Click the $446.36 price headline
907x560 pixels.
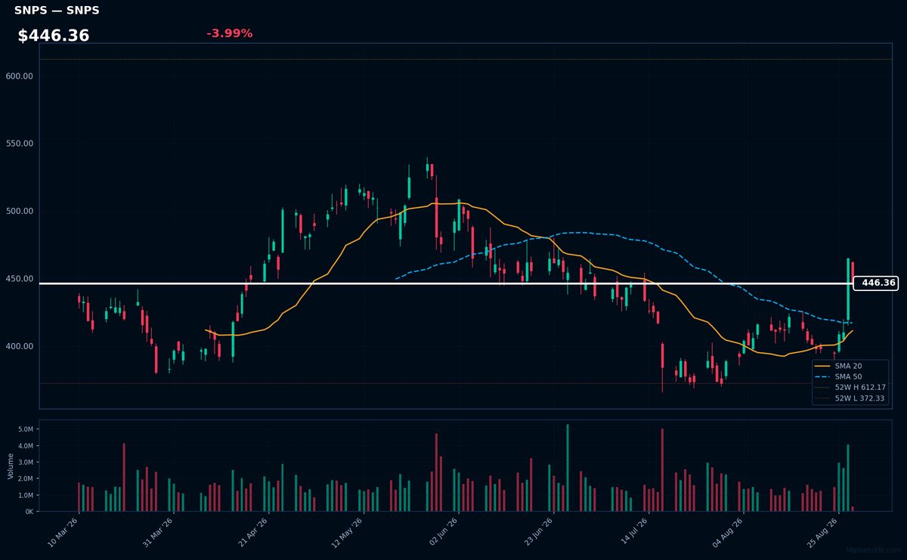point(54,36)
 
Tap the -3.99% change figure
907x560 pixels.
point(230,33)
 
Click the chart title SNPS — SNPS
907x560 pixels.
point(57,10)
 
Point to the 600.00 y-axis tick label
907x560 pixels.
point(20,76)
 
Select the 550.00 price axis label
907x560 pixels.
point(20,144)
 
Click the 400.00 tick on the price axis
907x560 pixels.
point(20,346)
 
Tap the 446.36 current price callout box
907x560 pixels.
point(876,283)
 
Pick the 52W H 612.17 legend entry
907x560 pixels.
point(850,388)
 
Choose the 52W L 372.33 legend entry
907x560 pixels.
point(850,398)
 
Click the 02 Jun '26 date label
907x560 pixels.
point(444,531)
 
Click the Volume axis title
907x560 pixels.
point(11,466)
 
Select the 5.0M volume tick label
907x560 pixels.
point(26,429)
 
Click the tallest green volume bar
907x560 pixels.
point(568,468)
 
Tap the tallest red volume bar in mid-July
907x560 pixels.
point(662,470)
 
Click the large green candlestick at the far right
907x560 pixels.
point(848,289)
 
